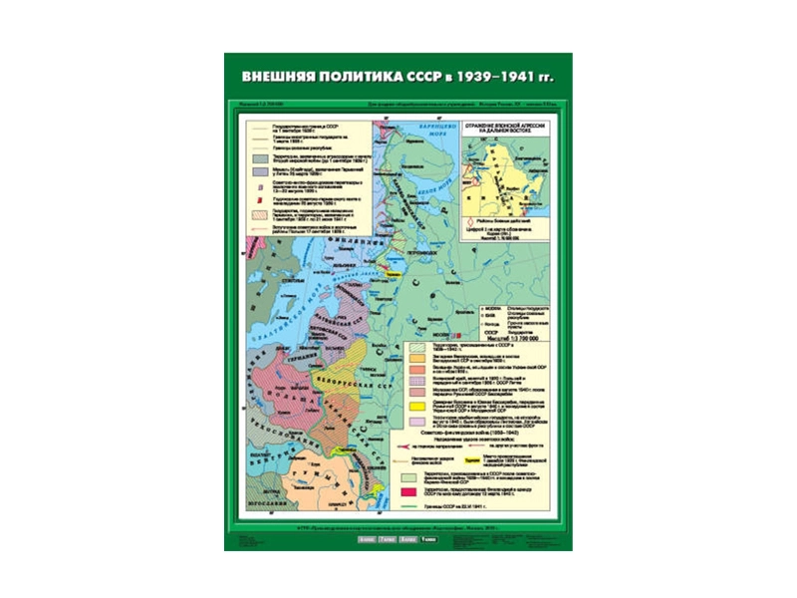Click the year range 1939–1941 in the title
(x=507, y=76)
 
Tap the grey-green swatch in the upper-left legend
(x=259, y=157)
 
